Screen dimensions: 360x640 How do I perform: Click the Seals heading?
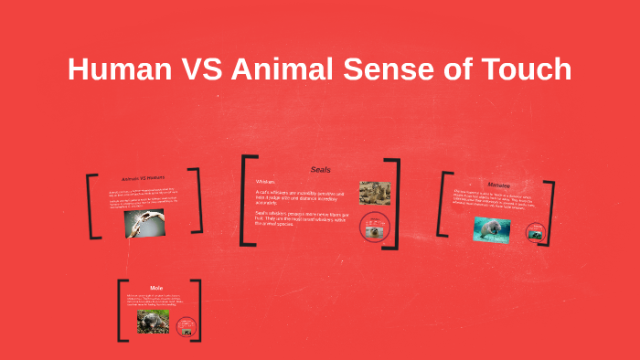click(x=321, y=170)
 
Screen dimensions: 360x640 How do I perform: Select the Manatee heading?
click(x=499, y=185)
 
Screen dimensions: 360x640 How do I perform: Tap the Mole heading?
click(x=156, y=288)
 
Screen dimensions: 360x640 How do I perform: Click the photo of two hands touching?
click(x=144, y=223)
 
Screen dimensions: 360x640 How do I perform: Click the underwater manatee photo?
click(x=491, y=228)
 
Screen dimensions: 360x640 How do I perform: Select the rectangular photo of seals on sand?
click(x=375, y=192)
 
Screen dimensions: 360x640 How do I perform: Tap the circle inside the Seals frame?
click(x=375, y=228)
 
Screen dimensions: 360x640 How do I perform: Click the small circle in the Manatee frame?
click(x=536, y=231)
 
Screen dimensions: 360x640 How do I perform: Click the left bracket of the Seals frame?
click(x=245, y=201)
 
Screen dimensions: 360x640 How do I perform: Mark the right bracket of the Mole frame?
click(x=197, y=311)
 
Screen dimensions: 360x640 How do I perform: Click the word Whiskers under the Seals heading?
click(x=266, y=182)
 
